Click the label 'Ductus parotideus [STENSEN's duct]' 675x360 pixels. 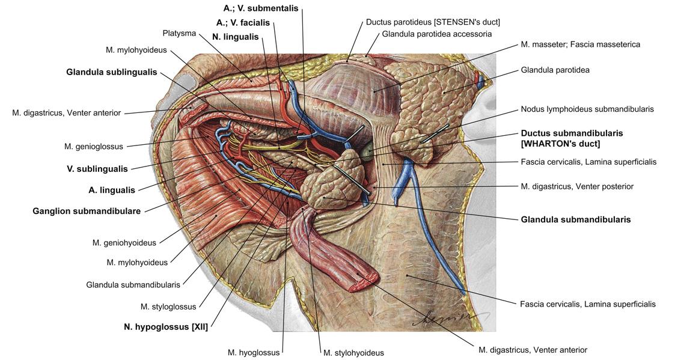[x=433, y=22]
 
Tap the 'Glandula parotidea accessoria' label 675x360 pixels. [x=437, y=34]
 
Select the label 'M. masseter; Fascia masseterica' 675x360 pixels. [x=580, y=44]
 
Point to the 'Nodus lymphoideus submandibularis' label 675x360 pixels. [x=587, y=109]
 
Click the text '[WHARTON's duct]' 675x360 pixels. [x=560, y=144]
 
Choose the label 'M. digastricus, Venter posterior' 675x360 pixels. [x=577, y=186]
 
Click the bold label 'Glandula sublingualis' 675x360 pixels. [x=112, y=72]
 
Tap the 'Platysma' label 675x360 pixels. [x=179, y=33]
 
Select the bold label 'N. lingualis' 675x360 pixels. [x=236, y=37]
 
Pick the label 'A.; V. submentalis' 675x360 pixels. [x=261, y=9]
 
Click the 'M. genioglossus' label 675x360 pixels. [x=94, y=146]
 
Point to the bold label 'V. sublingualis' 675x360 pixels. [x=97, y=169]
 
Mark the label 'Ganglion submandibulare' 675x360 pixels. [x=87, y=211]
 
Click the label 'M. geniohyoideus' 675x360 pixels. [x=124, y=243]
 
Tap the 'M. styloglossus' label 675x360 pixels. [x=168, y=307]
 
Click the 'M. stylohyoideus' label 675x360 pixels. [x=353, y=353]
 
